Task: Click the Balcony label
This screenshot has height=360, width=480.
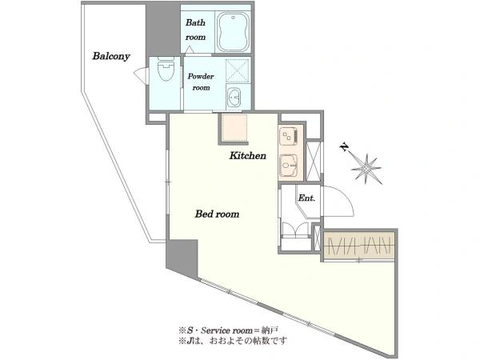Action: tap(111, 56)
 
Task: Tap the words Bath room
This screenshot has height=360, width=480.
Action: tap(196, 30)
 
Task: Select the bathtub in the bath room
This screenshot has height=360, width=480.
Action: tap(233, 32)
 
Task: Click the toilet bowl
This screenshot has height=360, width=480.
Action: tap(166, 69)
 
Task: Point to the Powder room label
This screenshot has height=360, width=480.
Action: tap(201, 82)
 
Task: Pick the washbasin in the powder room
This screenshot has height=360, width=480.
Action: tap(234, 97)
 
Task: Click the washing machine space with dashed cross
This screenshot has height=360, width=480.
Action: tap(238, 70)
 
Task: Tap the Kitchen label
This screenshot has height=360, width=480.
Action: tap(248, 155)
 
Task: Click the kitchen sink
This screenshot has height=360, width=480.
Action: tap(289, 166)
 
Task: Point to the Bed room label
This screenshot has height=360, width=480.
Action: tap(217, 214)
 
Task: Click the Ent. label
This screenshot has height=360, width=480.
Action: tap(306, 198)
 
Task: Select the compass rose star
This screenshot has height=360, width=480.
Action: tap(366, 168)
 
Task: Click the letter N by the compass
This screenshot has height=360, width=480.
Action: tap(345, 147)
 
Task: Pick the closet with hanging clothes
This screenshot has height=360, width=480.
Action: tap(358, 245)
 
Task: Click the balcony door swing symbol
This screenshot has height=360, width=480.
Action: tap(141, 75)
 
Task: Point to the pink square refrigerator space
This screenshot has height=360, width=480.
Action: tap(234, 127)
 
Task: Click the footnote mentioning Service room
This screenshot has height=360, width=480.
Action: tap(228, 330)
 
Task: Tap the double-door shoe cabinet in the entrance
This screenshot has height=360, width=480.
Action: tap(295, 230)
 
